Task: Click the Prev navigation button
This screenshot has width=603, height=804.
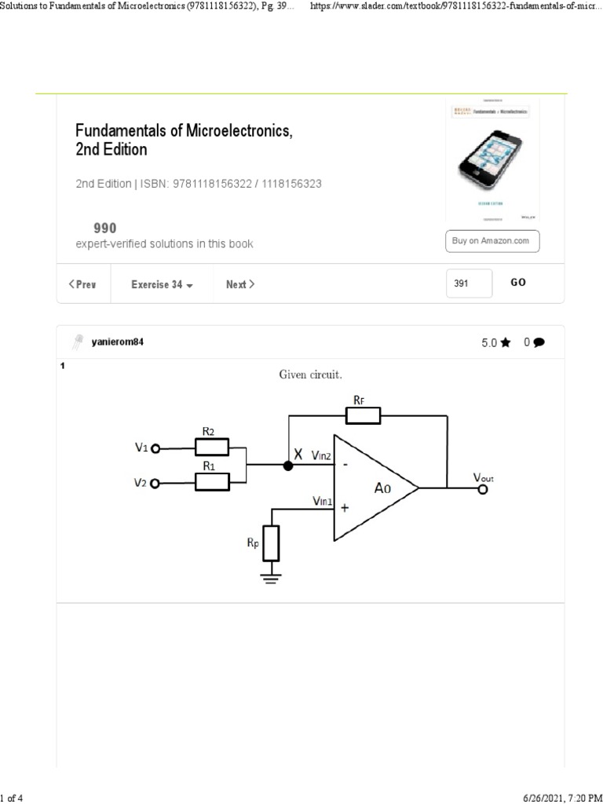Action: click(83, 284)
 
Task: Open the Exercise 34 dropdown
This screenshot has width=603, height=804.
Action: click(162, 284)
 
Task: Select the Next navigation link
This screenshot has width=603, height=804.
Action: click(239, 284)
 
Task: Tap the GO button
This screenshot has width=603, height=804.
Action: click(518, 283)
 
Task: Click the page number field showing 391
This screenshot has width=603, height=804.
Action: click(469, 283)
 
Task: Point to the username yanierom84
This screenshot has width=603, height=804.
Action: click(118, 342)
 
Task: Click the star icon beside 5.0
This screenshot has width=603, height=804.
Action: click(505, 342)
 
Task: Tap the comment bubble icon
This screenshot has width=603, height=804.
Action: click(539, 342)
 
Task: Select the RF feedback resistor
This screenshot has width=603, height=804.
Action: click(364, 415)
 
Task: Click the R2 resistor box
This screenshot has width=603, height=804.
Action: click(212, 448)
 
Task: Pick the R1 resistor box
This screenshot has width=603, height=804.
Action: click(212, 481)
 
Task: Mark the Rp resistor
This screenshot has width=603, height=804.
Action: click(271, 543)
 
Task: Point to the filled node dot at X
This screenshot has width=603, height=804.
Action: click(288, 466)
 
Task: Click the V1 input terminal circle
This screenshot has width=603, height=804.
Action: click(155, 448)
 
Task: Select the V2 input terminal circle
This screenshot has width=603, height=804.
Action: click(155, 483)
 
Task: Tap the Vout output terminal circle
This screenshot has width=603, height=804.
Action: click(483, 489)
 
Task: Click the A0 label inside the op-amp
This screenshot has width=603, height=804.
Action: click(382, 488)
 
